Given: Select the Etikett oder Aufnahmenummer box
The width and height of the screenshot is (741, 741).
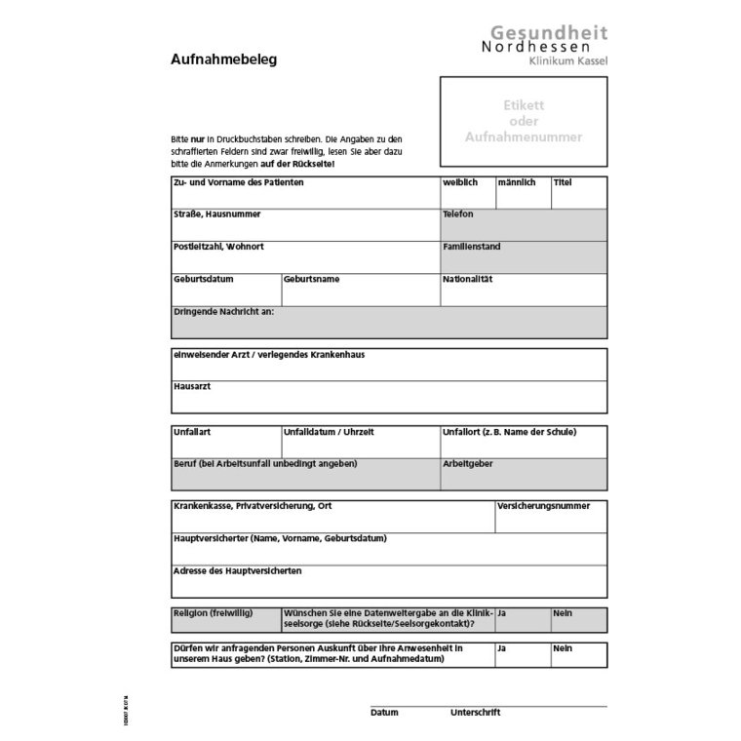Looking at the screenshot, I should pyautogui.click(x=524, y=120).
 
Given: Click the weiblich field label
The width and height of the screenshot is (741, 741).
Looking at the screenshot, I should pyautogui.click(x=460, y=182).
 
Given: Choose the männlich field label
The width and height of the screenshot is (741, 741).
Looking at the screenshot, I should pyautogui.click(x=516, y=182).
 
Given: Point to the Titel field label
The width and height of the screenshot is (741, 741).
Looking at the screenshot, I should pyautogui.click(x=563, y=182).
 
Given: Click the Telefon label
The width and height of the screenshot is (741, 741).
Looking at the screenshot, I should pyautogui.click(x=457, y=214).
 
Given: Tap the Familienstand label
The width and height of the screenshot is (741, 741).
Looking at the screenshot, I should pyautogui.click(x=471, y=247).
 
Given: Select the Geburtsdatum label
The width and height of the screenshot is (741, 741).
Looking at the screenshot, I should pyautogui.click(x=203, y=279).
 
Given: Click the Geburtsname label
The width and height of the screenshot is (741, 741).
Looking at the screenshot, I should pyautogui.click(x=312, y=279).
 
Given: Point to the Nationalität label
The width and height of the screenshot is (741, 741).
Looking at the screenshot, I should pyautogui.click(x=468, y=279).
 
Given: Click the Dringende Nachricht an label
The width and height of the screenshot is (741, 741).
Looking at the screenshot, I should pyautogui.click(x=223, y=311).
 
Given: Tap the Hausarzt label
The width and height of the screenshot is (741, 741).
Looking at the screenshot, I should pyautogui.click(x=192, y=386).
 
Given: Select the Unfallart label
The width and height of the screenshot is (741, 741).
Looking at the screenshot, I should pyautogui.click(x=192, y=432).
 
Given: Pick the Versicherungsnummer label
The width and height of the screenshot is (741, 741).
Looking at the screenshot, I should pyautogui.click(x=543, y=507).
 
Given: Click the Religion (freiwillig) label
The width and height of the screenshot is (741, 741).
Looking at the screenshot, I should pyautogui.click(x=213, y=612).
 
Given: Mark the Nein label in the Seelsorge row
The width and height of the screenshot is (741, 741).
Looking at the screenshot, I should pyautogui.click(x=563, y=612).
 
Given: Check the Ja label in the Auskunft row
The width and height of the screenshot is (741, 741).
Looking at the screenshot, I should pyautogui.click(x=501, y=647).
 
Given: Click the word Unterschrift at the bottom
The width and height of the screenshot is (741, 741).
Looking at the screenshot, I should pyautogui.click(x=475, y=713).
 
